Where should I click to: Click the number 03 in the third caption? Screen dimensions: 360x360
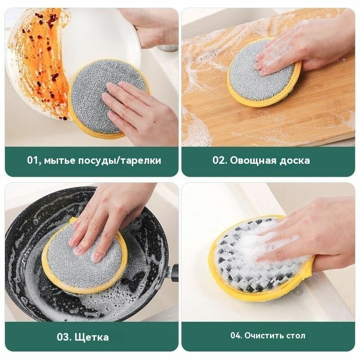pos(64,337)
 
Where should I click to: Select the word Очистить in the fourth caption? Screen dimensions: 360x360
pos(266,336)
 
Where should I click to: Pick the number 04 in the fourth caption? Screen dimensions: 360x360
pos(237,336)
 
